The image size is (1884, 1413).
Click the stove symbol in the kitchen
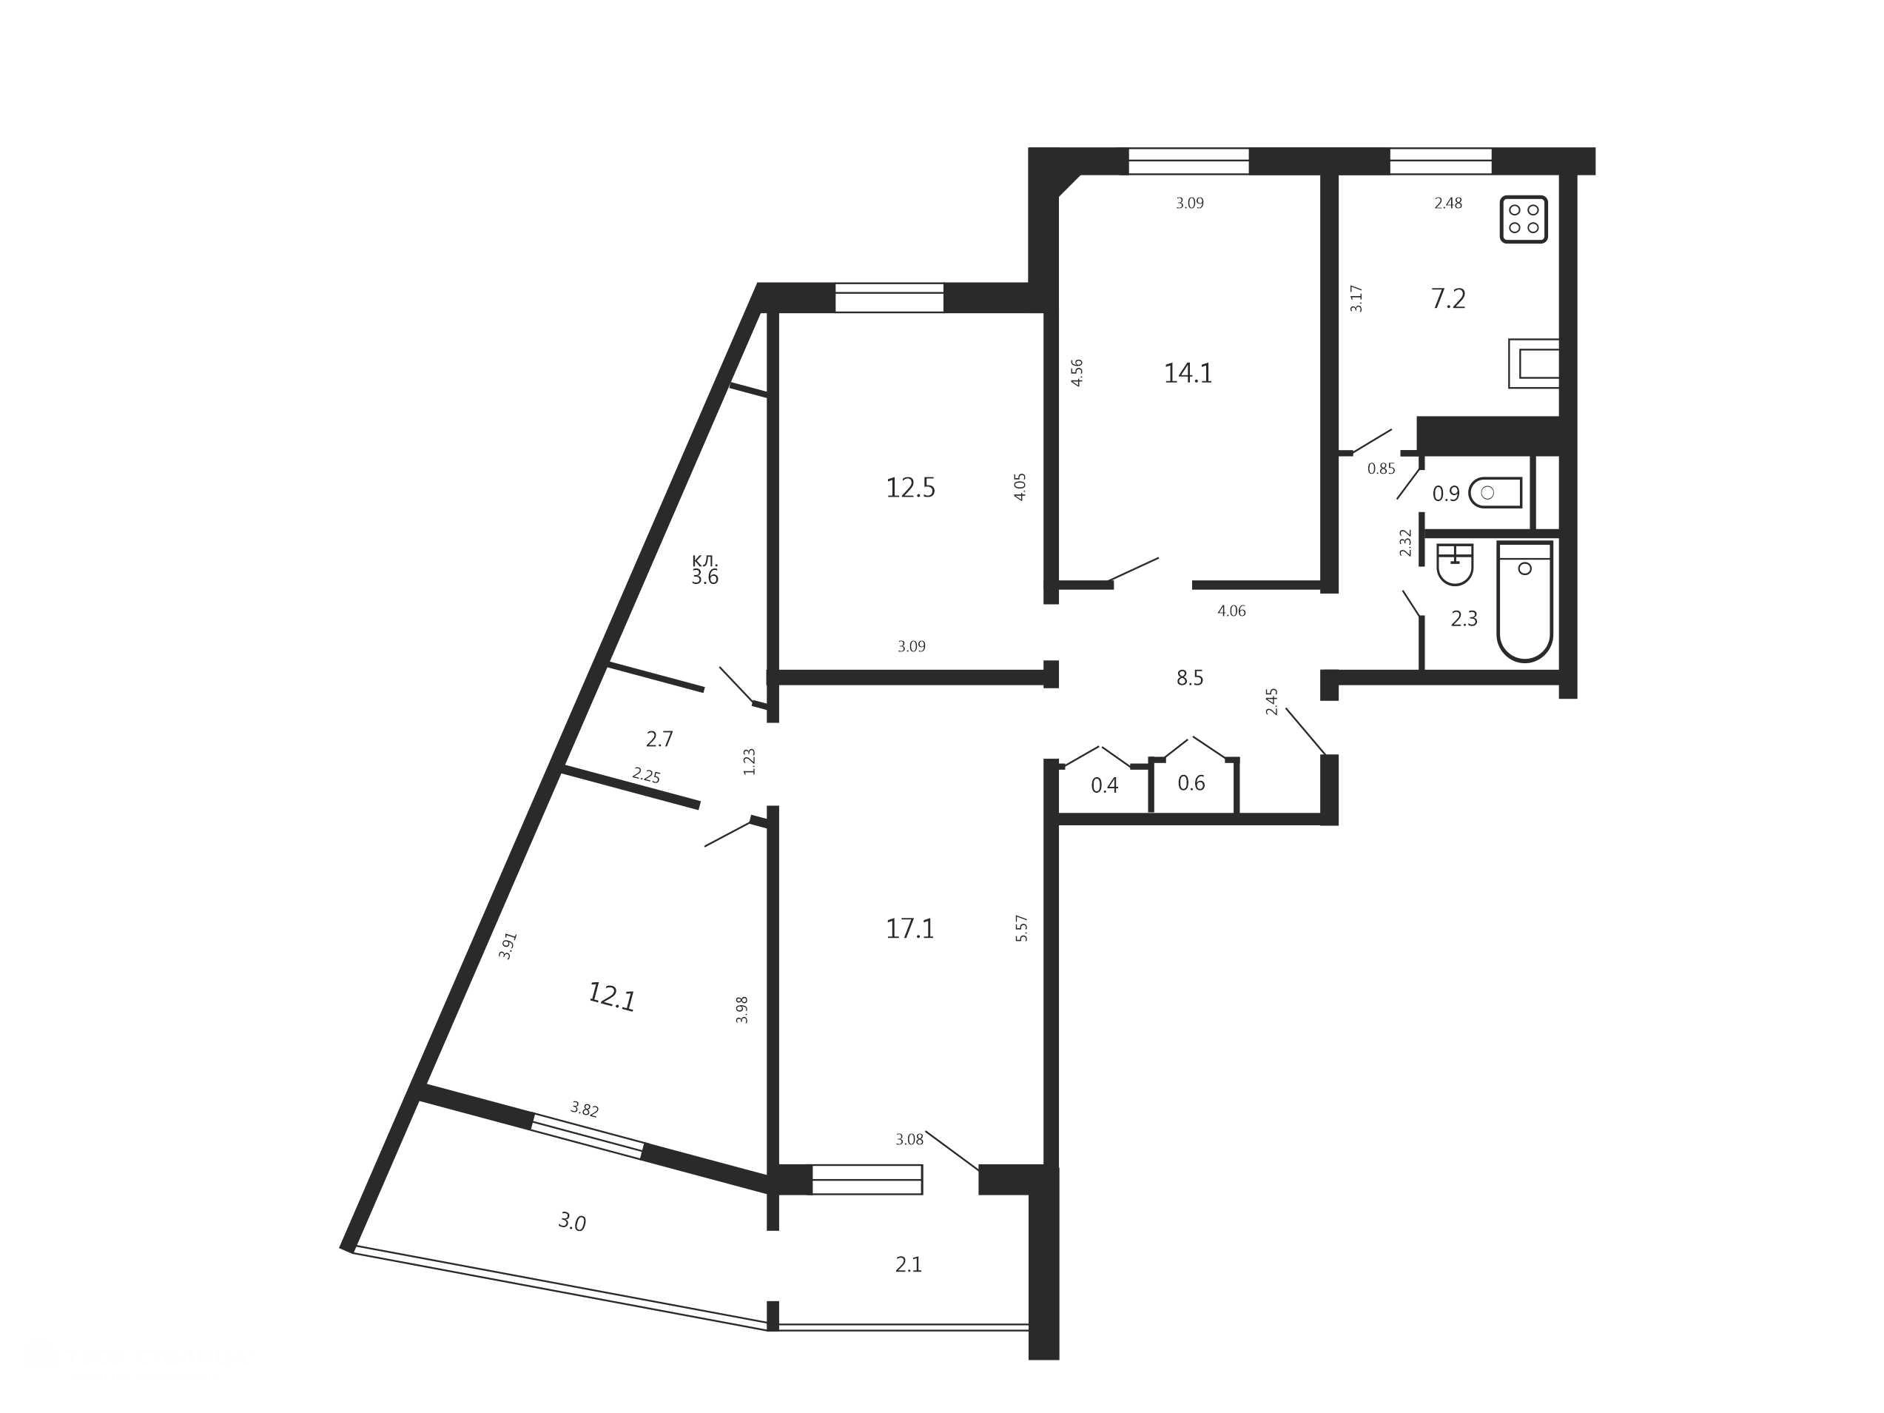coord(1523,219)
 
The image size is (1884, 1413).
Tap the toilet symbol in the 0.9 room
coord(1495,492)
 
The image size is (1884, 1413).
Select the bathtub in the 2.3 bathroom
coord(1524,601)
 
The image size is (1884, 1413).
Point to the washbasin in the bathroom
coord(1454,564)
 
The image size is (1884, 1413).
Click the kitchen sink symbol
coord(1534,363)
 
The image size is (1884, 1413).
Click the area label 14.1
coord(1188,373)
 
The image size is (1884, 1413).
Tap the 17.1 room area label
coord(910,928)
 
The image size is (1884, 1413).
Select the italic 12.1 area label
coord(611,996)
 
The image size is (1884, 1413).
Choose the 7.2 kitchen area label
coord(1448,299)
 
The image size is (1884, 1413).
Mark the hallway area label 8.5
coord(1190,678)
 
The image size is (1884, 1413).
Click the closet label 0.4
coord(1105,785)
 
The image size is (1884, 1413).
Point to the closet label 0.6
coord(1191,782)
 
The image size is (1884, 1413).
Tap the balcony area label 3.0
coord(572,1222)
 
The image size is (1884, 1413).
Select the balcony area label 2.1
coord(909,1265)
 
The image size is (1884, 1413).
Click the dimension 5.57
coord(1022,927)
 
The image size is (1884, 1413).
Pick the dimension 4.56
coord(1077,372)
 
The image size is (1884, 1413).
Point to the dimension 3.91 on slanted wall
coord(508,946)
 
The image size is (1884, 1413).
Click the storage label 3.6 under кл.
coord(704,577)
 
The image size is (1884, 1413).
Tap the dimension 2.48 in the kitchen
coord(1448,203)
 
